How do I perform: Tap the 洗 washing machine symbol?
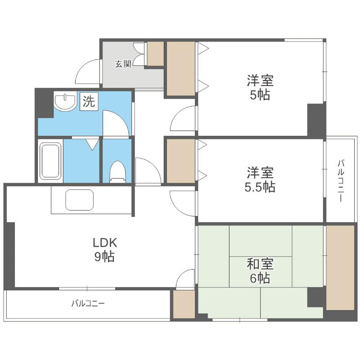click(89, 101)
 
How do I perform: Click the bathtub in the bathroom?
click(50, 161)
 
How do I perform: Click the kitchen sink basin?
click(80, 200)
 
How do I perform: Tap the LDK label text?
click(105, 243)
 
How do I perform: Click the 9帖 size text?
click(105, 256)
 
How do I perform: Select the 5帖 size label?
click(260, 94)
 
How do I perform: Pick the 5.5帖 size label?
click(260, 187)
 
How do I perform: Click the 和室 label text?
click(260, 264)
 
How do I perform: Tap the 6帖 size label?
click(260, 278)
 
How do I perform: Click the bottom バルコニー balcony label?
click(88, 303)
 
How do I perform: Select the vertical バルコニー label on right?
click(341, 181)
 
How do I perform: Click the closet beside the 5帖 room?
click(181, 69)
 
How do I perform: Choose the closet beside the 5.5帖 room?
click(181, 161)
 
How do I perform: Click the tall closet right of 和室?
click(340, 268)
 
